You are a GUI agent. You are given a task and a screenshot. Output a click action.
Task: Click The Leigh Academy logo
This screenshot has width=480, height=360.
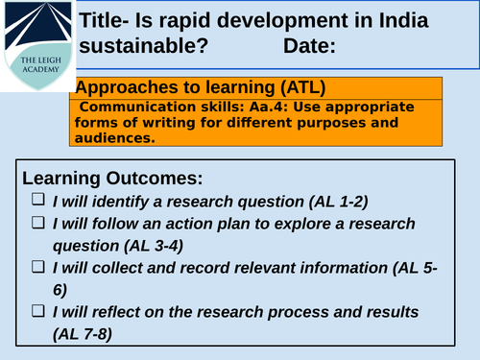[36, 45]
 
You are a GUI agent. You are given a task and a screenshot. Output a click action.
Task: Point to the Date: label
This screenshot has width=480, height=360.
[310, 45]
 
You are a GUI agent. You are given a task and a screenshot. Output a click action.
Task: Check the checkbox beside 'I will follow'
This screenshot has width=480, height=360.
[37, 223]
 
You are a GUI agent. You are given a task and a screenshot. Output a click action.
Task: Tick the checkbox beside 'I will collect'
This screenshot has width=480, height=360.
[37, 267]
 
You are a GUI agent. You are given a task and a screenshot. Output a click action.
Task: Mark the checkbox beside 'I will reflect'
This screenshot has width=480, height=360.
[37, 311]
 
